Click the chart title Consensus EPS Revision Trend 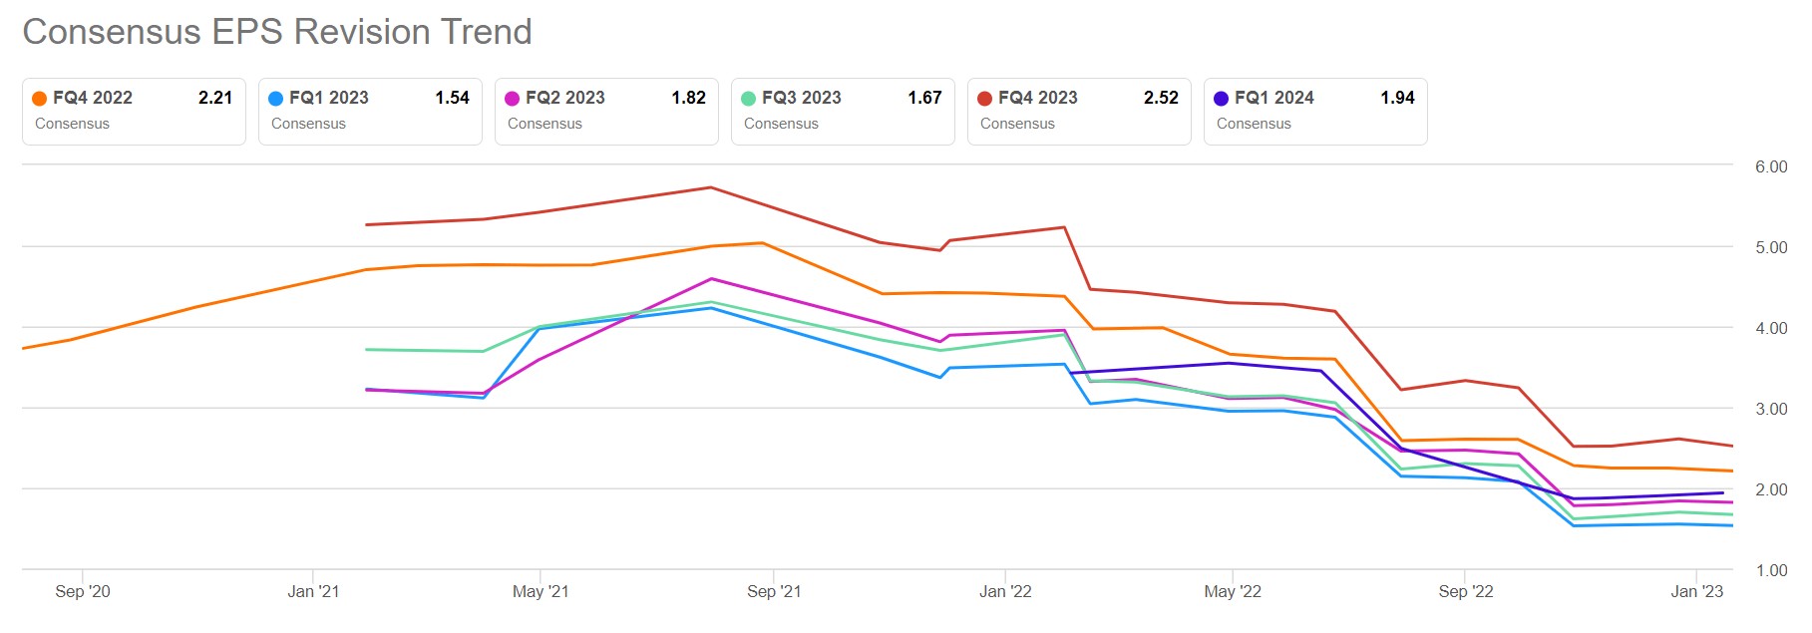[277, 32]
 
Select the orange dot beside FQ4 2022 [40, 99]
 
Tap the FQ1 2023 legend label [328, 98]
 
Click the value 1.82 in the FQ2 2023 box [688, 98]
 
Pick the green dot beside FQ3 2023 [749, 99]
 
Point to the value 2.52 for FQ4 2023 [1161, 98]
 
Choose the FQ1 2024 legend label [1273, 98]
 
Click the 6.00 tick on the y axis [1771, 166]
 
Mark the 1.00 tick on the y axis [1771, 570]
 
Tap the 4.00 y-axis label [1771, 328]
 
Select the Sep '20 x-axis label [83, 591]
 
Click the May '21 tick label [541, 591]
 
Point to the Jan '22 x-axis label [1005, 591]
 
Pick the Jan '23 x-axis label [1696, 591]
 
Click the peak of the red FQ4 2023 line [710, 187]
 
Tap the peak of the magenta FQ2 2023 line [711, 279]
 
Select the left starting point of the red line [367, 225]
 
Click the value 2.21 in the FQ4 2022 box [215, 98]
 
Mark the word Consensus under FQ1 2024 [1254, 124]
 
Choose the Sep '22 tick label [1466, 591]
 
